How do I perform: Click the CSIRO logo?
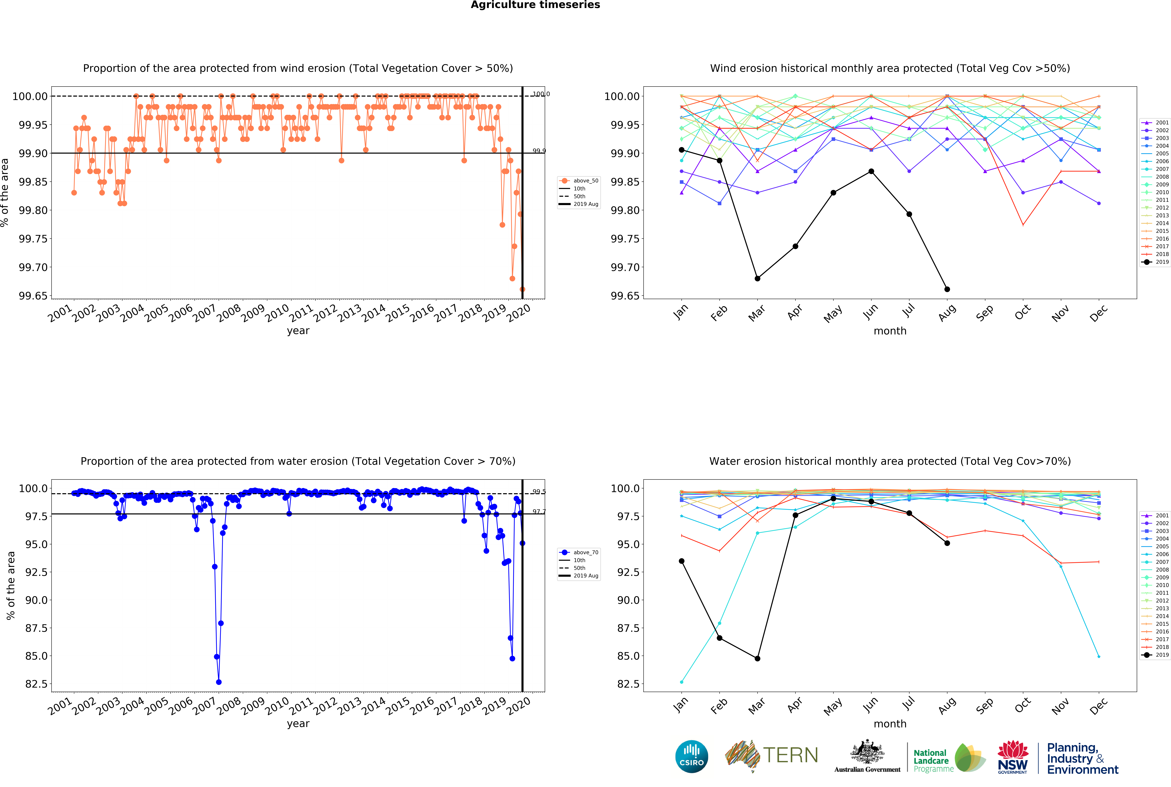click(x=692, y=756)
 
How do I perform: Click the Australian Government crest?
click(x=867, y=753)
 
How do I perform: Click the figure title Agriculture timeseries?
click(x=535, y=5)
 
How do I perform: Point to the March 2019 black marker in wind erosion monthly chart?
click(x=757, y=279)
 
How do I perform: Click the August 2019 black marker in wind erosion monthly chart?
click(x=947, y=289)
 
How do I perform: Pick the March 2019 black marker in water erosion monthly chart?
click(x=757, y=659)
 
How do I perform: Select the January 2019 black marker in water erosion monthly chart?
click(x=682, y=561)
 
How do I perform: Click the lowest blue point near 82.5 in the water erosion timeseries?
click(x=219, y=682)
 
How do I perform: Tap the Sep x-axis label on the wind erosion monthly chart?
click(x=985, y=313)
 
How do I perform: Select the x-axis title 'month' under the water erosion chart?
click(x=890, y=724)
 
